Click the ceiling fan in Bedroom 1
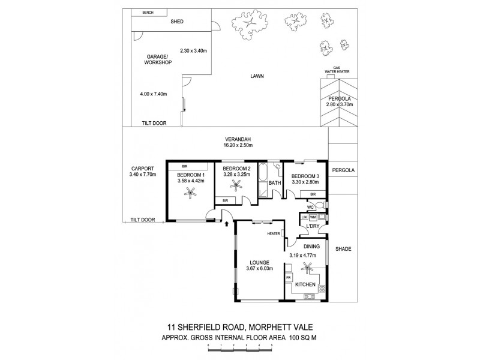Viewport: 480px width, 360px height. [191, 193]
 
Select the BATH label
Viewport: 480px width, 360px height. [275, 182]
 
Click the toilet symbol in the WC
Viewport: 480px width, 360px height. [322, 208]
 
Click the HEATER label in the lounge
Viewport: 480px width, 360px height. [274, 234]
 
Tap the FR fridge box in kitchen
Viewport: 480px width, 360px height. [289, 278]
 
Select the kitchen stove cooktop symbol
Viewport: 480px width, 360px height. [310, 295]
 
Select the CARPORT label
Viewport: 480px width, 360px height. [142, 168]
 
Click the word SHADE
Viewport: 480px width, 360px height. [343, 249]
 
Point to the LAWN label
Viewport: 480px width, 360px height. [258, 76]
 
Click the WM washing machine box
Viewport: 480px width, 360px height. [313, 217]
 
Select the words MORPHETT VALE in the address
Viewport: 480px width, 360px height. [284, 328]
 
